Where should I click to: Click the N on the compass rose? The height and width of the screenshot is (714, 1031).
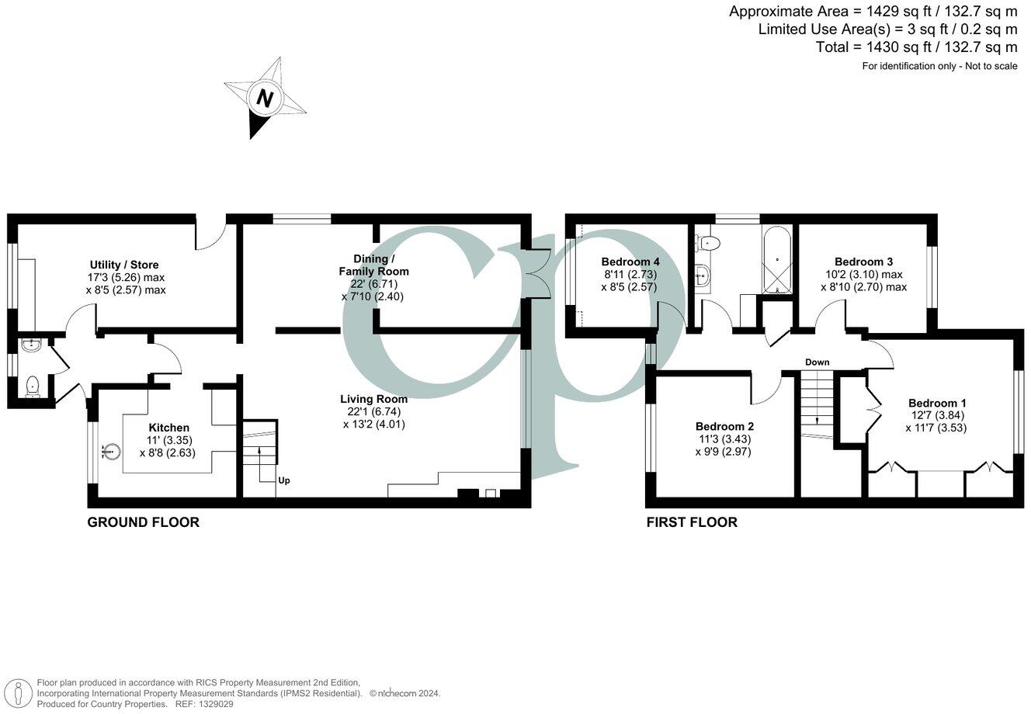tap(266, 99)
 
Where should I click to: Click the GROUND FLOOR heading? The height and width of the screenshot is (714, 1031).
tap(143, 522)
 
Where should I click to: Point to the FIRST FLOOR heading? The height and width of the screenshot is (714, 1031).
tap(692, 522)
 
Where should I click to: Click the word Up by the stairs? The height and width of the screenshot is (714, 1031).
tap(284, 480)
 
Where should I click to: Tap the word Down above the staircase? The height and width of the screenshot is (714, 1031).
tap(817, 362)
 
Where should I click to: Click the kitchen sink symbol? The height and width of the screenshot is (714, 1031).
tap(112, 449)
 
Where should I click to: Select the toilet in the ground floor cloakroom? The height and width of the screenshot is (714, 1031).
tap(31, 386)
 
